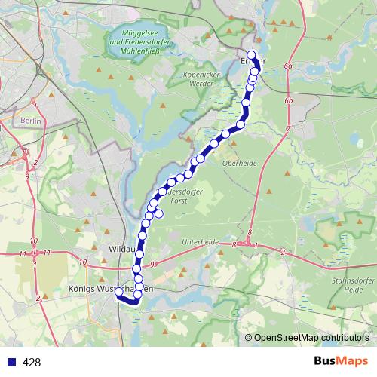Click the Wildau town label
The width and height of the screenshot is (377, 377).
point(122,247)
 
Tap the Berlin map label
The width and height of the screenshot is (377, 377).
point(31,121)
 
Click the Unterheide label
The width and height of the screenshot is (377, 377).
point(200,243)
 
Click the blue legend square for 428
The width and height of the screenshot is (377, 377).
point(10,363)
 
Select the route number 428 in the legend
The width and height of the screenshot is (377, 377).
point(32,363)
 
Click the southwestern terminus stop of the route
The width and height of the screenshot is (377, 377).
point(118,293)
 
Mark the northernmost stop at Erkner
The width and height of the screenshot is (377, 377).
point(252,55)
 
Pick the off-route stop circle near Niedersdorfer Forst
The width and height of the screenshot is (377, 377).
point(159,213)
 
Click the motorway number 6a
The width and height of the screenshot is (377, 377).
point(287,66)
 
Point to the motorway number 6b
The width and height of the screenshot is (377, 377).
point(289,100)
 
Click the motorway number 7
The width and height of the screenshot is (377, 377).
point(287,130)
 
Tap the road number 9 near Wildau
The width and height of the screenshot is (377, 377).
point(152,264)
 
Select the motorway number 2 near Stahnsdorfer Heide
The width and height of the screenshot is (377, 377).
point(282,250)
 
